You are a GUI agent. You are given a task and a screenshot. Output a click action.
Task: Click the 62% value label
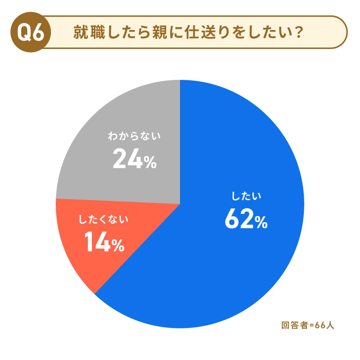tap(246, 219)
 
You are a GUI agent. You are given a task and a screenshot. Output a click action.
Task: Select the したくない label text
tap(103, 220)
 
